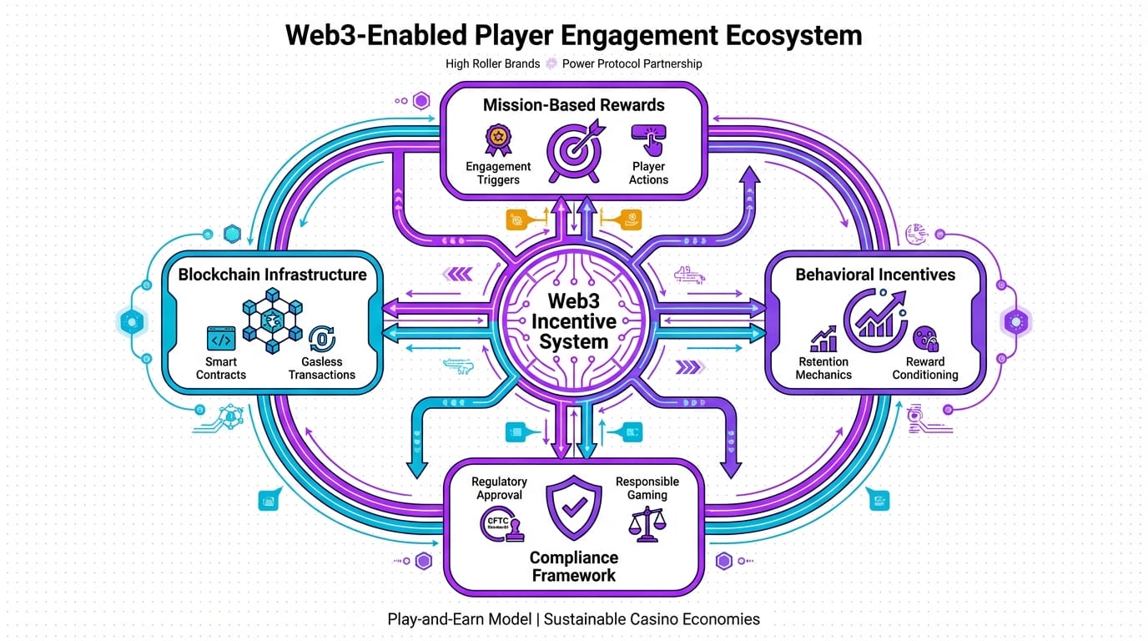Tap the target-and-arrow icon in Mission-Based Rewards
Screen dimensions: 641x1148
point(573,151)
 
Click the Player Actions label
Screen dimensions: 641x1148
point(648,173)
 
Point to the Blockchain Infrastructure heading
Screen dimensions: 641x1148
point(272,275)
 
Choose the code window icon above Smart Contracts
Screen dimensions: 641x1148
point(220,339)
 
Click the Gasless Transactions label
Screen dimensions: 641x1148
point(322,368)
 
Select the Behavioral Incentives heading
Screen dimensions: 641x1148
point(875,275)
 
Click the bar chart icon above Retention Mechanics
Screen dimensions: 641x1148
point(823,338)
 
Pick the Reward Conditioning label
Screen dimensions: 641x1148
point(925,368)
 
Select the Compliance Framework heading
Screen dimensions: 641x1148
point(574,566)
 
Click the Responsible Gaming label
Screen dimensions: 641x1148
point(647,488)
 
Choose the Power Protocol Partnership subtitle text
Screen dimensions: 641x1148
point(632,63)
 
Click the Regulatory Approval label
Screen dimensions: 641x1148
point(499,488)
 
